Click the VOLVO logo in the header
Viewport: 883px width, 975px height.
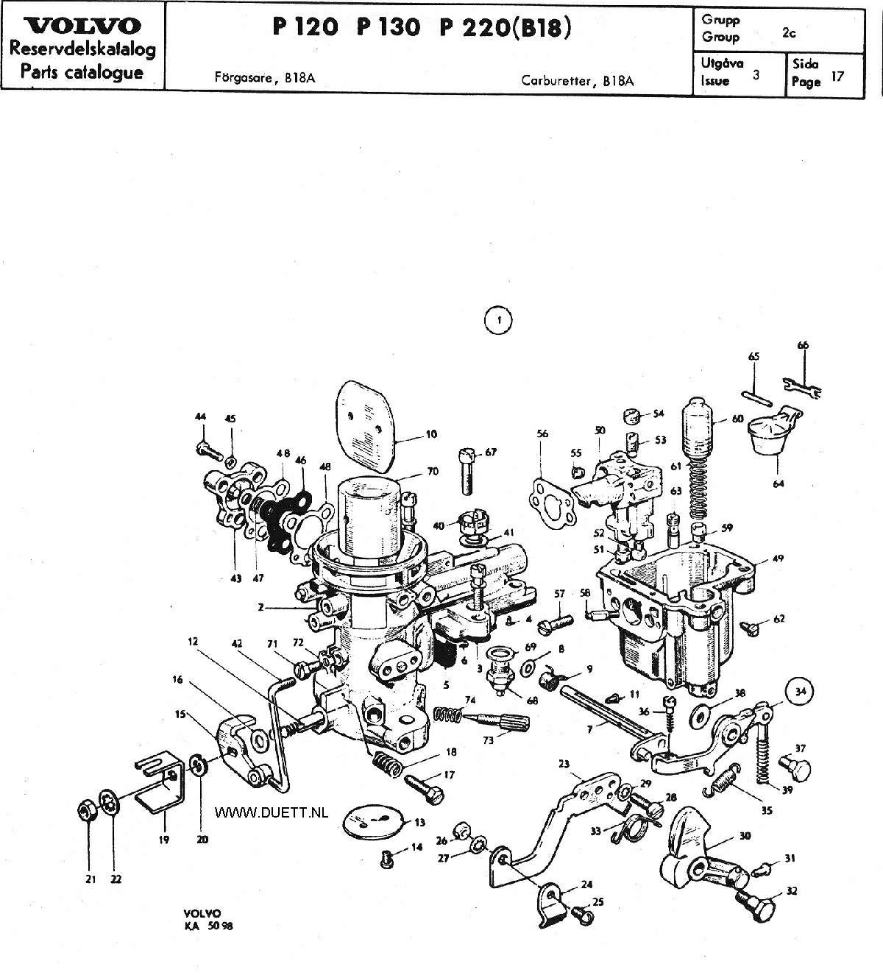tap(82, 26)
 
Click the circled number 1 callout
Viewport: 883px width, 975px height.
tap(498, 320)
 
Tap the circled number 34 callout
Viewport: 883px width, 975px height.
tap(800, 691)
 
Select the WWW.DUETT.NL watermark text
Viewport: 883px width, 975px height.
tap(272, 812)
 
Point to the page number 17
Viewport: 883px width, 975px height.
tap(837, 77)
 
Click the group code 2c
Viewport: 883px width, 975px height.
tap(789, 32)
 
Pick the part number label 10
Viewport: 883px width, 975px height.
tap(430, 434)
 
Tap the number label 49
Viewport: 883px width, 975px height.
tap(778, 559)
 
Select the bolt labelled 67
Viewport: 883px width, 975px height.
tap(467, 471)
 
